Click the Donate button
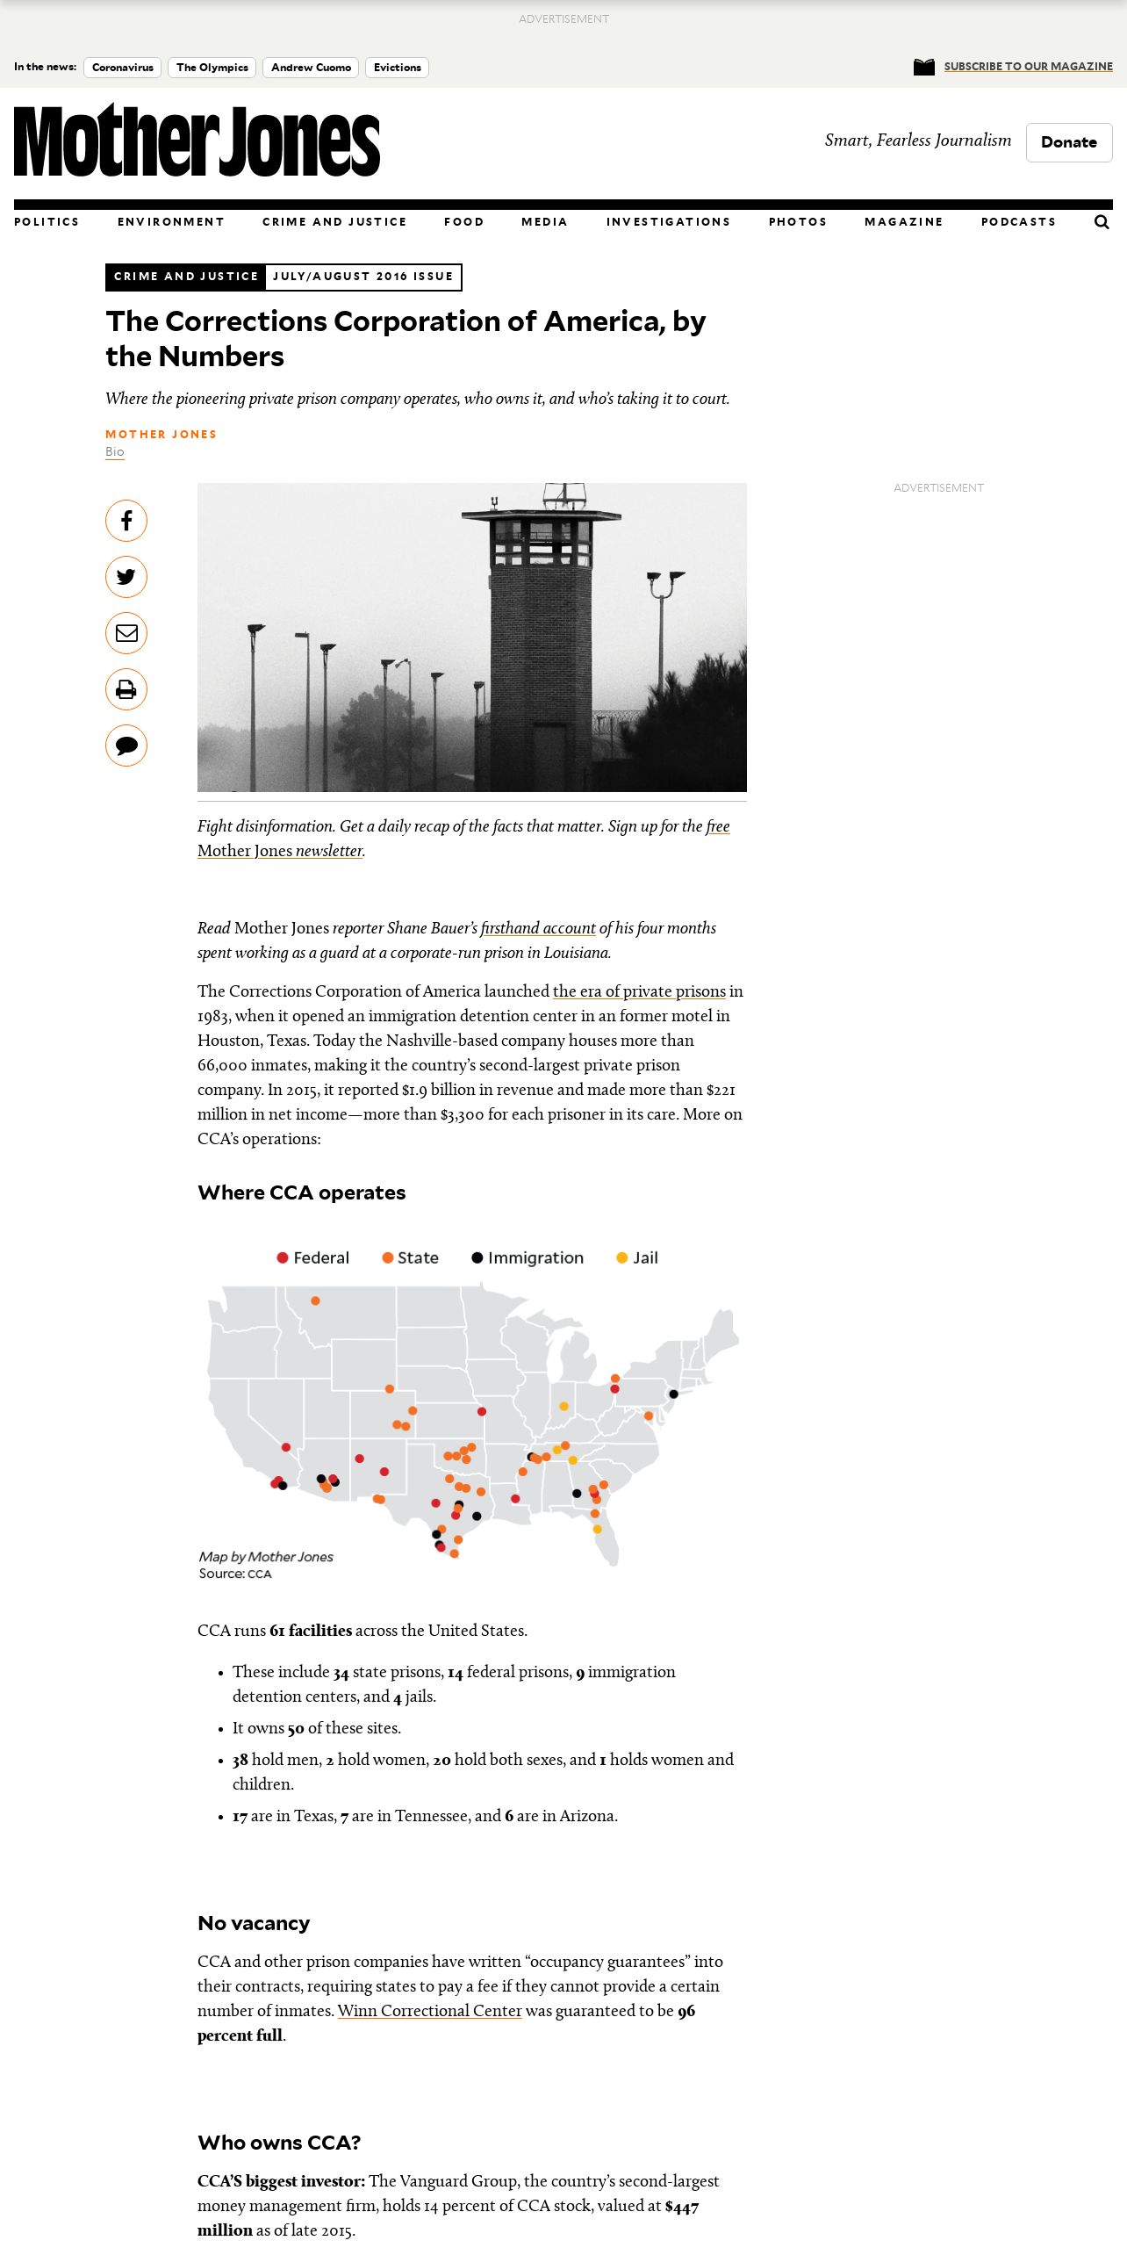(x=1068, y=142)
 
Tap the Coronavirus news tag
(x=122, y=68)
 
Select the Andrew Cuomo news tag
(x=311, y=68)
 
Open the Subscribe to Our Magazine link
(x=1028, y=67)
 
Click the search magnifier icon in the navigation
(x=1102, y=222)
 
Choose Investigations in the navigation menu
(x=668, y=222)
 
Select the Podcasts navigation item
(x=1018, y=222)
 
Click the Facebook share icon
(x=126, y=521)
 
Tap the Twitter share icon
(x=126, y=577)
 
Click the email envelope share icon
(x=126, y=633)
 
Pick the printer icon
(x=126, y=689)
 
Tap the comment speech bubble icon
(x=126, y=746)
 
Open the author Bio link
(x=115, y=452)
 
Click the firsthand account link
(x=538, y=928)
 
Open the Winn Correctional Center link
(x=430, y=2011)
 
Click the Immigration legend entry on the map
(x=528, y=1257)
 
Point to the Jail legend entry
(x=638, y=1257)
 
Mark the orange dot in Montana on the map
(x=315, y=1300)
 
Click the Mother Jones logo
(x=197, y=140)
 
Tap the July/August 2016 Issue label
(x=363, y=277)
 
